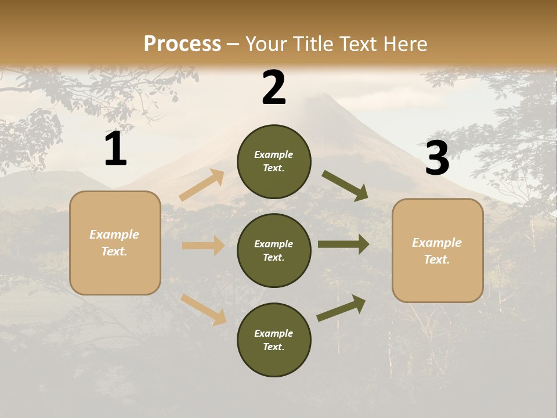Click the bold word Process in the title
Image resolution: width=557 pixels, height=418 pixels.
182,44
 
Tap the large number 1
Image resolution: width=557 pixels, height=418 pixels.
115,149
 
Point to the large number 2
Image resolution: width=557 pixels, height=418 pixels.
274,88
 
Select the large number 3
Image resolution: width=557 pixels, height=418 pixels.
437,158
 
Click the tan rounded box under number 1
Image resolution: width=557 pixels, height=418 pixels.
115,243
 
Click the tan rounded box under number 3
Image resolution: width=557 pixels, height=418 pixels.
437,251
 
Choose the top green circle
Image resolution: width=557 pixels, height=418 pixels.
274,161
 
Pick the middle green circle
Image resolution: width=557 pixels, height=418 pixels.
274,250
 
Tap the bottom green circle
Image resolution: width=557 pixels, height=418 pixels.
274,340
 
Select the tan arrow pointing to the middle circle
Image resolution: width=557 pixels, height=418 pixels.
203,246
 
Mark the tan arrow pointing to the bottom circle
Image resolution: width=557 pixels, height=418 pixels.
204,309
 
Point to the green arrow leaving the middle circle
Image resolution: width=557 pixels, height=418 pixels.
343,244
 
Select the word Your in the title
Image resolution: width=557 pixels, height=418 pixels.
266,44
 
